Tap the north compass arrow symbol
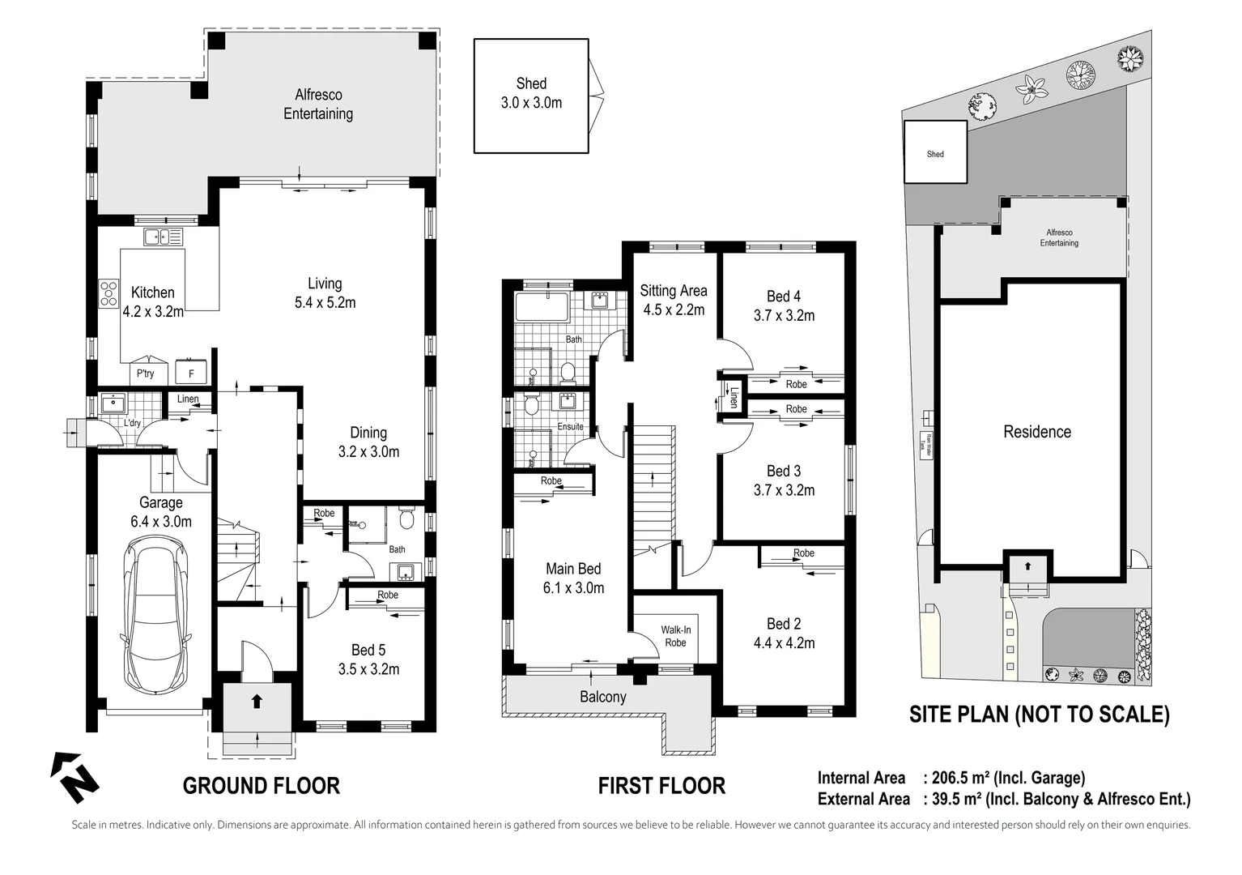pyautogui.click(x=74, y=778)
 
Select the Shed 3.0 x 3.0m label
pyautogui.click(x=532, y=93)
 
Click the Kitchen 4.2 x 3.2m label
pyautogui.click(x=153, y=301)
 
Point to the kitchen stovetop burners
pyautogui.click(x=108, y=292)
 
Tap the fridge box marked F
pyautogui.click(x=191, y=373)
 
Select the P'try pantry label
pyautogui.click(x=146, y=373)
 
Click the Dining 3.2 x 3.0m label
pyautogui.click(x=368, y=442)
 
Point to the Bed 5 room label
pyautogui.click(x=368, y=659)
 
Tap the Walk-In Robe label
pyautogui.click(x=675, y=636)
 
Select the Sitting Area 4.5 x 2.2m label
pyautogui.click(x=673, y=300)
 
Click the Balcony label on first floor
pyautogui.click(x=602, y=697)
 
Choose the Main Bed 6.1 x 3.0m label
pyautogui.click(x=573, y=578)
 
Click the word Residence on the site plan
pyautogui.click(x=1036, y=432)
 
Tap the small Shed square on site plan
pyautogui.click(x=935, y=153)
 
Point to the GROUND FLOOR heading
pyautogui.click(x=261, y=785)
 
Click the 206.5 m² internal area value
pyautogui.click(x=959, y=779)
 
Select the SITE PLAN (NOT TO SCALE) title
pyautogui.click(x=1039, y=714)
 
